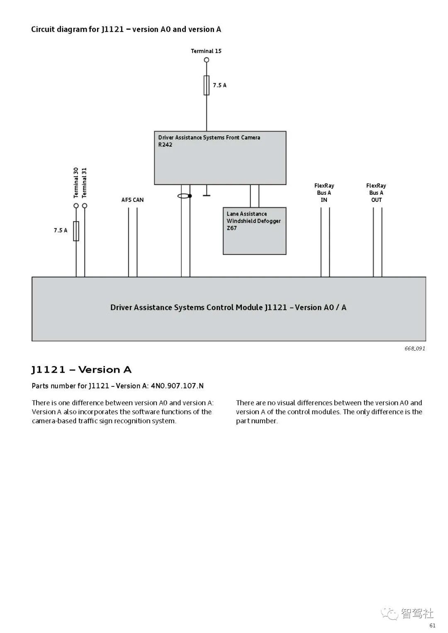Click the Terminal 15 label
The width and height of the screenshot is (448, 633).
point(206,51)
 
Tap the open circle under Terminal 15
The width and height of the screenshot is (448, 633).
point(207,60)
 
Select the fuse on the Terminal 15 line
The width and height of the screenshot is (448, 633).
point(207,85)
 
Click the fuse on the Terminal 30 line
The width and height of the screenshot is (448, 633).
point(76,231)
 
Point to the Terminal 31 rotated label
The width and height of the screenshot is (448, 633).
point(85,182)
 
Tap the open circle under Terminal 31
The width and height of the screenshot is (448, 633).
point(85,206)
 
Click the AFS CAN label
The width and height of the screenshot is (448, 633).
point(132,200)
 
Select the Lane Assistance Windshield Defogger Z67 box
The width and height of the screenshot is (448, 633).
point(254,231)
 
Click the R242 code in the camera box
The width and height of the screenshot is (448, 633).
point(165,145)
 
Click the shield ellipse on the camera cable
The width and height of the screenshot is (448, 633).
point(184,196)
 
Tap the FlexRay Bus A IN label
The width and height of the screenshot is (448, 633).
point(324,193)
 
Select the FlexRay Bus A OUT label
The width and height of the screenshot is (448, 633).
point(376,193)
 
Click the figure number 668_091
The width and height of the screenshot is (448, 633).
point(415,348)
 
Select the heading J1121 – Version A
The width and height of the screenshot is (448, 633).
point(81,369)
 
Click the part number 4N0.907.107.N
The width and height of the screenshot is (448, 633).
point(177,386)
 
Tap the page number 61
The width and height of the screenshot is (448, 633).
point(432,626)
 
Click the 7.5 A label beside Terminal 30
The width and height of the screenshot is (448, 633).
point(61,230)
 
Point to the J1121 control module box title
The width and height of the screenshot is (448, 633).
point(228,307)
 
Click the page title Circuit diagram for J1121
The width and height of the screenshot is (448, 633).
point(126,29)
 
